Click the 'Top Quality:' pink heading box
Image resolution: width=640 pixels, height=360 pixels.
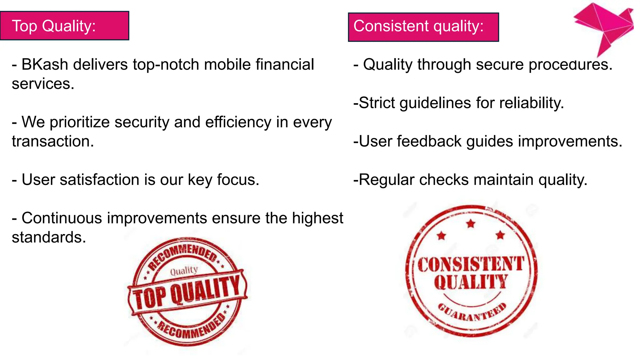pos(64,26)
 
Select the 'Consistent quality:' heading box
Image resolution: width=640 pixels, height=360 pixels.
pos(423,27)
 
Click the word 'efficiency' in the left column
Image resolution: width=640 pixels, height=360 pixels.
pos(238,122)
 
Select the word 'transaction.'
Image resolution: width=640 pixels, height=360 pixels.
pos(53,141)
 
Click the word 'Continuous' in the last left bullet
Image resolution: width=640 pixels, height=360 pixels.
pos(62,218)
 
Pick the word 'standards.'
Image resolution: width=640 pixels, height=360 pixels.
pos(49,237)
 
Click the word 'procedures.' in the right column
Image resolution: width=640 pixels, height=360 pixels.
pos(570,65)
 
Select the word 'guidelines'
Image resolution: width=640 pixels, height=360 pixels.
pos(435,103)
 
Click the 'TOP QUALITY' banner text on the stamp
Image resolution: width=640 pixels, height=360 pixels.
pos(187,291)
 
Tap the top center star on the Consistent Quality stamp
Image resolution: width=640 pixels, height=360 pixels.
pos(471,223)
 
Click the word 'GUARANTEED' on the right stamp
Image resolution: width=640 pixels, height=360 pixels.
pos(472,313)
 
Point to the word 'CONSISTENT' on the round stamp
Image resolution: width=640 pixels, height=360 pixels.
pos(471,264)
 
